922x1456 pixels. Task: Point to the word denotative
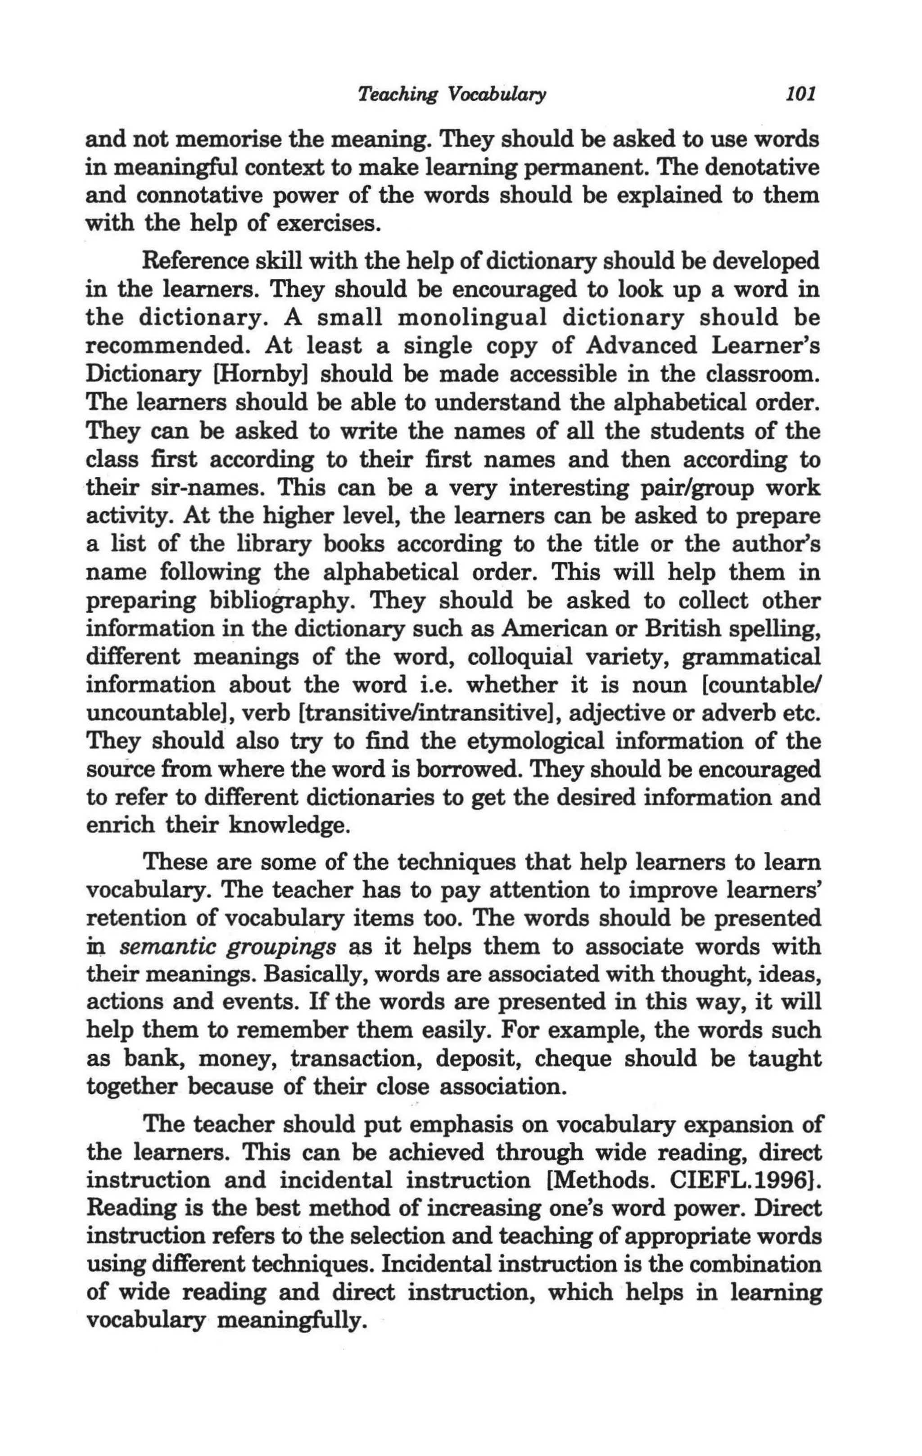coord(762,167)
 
